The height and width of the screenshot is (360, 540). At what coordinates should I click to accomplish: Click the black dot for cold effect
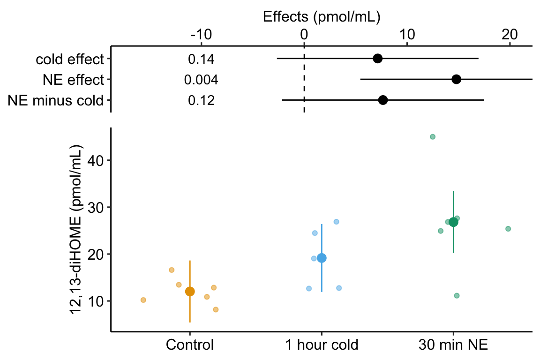pyautogui.click(x=377, y=59)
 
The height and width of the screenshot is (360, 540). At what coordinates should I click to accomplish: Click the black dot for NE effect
pyautogui.click(x=456, y=79)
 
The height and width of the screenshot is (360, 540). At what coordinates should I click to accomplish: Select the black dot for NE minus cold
pyautogui.click(x=382, y=100)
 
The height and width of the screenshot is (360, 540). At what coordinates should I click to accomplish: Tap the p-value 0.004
pyautogui.click(x=201, y=80)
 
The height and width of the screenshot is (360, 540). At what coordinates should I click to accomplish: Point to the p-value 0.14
pyautogui.click(x=201, y=59)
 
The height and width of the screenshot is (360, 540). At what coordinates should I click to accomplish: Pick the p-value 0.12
pyautogui.click(x=201, y=100)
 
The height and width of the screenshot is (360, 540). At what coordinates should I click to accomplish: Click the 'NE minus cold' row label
pyautogui.click(x=55, y=100)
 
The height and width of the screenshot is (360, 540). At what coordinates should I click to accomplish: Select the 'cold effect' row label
pyautogui.click(x=69, y=59)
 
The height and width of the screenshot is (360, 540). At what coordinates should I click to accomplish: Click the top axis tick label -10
pyautogui.click(x=201, y=35)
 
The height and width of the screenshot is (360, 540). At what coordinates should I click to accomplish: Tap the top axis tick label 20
pyautogui.click(x=510, y=35)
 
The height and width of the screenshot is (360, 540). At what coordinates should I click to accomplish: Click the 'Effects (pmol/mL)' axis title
pyautogui.click(x=321, y=17)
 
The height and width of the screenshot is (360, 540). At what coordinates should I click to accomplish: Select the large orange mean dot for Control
pyautogui.click(x=190, y=292)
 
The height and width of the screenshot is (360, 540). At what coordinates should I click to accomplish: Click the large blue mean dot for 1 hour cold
pyautogui.click(x=322, y=258)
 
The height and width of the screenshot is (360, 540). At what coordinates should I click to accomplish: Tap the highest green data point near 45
pyautogui.click(x=433, y=137)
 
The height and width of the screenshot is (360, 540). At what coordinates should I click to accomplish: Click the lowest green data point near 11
pyautogui.click(x=457, y=295)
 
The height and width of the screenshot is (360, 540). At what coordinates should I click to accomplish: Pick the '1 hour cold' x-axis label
pyautogui.click(x=322, y=345)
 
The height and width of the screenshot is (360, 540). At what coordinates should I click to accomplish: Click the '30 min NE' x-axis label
pyautogui.click(x=453, y=345)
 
